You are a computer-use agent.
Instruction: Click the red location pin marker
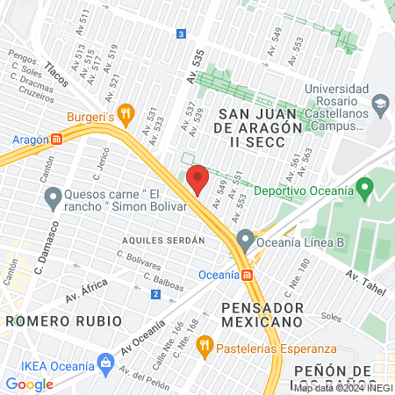[x=197, y=179]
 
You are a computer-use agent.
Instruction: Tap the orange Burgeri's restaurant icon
[x=126, y=112]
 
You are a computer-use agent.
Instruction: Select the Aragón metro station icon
[x=57, y=139]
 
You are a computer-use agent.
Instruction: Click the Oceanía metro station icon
[x=248, y=275]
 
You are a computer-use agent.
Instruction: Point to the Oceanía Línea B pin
[x=245, y=238]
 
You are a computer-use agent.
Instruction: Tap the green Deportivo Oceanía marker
[x=366, y=190]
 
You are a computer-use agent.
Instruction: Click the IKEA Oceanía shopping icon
[x=106, y=362]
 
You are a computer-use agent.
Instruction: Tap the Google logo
[x=30, y=384]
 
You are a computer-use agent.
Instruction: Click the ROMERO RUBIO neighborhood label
[x=64, y=320]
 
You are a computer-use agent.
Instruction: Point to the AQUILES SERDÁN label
[x=163, y=239]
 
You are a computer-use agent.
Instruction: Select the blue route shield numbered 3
[x=181, y=34]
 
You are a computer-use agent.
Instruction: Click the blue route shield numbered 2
[x=155, y=294]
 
